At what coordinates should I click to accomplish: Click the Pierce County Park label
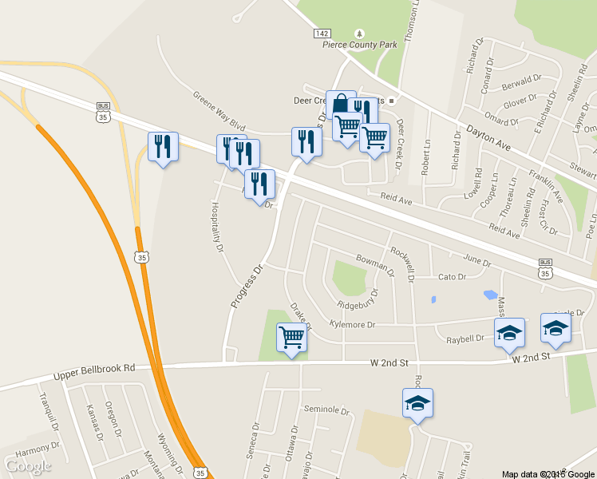click(359, 46)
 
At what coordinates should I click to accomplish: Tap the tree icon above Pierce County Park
click(359, 34)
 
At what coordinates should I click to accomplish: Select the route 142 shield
click(321, 34)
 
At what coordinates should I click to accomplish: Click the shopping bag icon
click(341, 104)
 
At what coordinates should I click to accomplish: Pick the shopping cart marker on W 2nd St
click(291, 338)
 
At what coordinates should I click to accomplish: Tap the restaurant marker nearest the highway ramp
click(163, 147)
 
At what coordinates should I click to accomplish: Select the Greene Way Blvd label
click(218, 111)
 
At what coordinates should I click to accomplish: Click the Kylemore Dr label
click(352, 324)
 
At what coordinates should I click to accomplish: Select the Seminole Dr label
click(327, 410)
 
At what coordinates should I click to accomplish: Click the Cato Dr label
click(452, 277)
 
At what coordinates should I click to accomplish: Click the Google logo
click(28, 465)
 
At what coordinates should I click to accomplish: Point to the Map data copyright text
click(548, 473)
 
